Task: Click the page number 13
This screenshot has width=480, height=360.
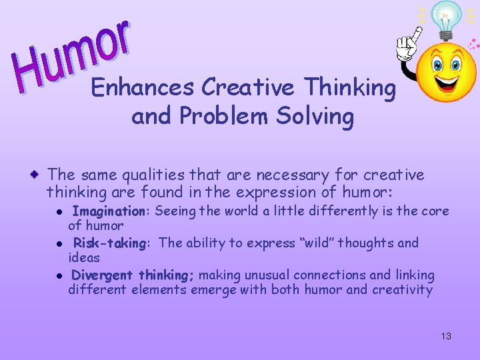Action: coord(446,336)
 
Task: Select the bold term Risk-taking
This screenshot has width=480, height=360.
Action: coord(110,243)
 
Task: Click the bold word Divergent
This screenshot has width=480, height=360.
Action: coord(103,275)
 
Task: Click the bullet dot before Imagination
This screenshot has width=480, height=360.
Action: coord(59,212)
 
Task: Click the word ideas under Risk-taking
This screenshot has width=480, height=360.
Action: coord(83,257)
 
